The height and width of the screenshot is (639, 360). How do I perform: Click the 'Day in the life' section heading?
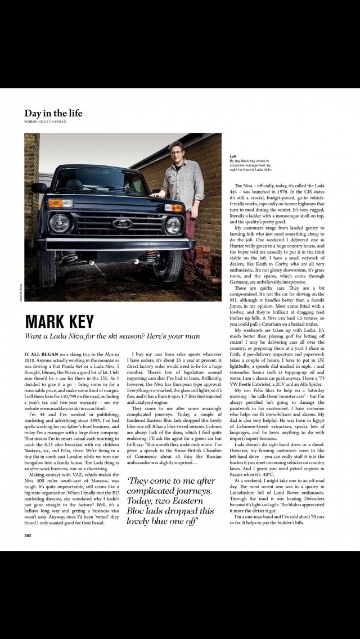point(53,113)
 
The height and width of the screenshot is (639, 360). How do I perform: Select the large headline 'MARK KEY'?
point(60,322)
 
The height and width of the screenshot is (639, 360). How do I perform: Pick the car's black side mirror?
point(39,187)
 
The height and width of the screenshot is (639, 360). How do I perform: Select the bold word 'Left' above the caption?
point(233,156)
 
